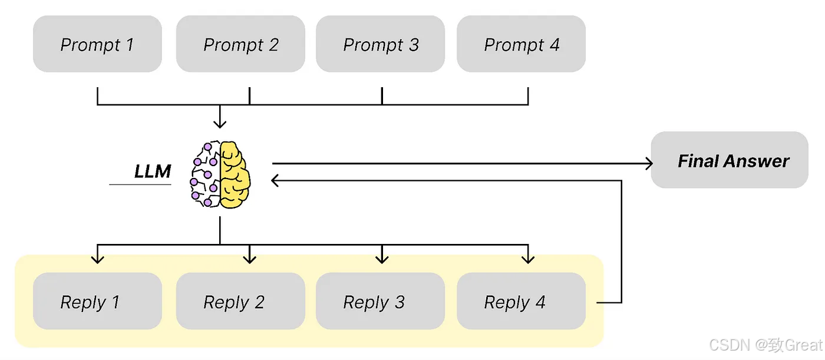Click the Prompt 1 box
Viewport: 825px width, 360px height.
[97, 44]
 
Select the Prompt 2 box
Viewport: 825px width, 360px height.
[240, 44]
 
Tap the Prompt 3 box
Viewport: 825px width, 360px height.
[381, 44]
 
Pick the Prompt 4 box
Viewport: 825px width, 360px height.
[521, 44]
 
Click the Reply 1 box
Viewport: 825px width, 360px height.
[97, 301]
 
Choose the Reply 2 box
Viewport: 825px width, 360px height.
[240, 301]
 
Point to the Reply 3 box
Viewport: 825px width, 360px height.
[381, 301]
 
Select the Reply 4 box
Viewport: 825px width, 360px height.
[521, 301]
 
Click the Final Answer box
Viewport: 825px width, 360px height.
[730, 160]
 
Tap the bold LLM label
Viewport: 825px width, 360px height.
[153, 171]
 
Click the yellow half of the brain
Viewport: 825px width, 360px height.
[235, 175]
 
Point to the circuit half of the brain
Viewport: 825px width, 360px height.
[205, 174]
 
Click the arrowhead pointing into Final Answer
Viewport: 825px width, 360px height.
[649, 163]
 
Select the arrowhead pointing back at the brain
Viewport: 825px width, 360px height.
[275, 180]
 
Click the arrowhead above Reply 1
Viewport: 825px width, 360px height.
[97, 260]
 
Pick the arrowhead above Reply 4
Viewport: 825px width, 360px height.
[528, 260]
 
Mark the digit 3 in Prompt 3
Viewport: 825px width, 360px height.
[414, 45]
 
